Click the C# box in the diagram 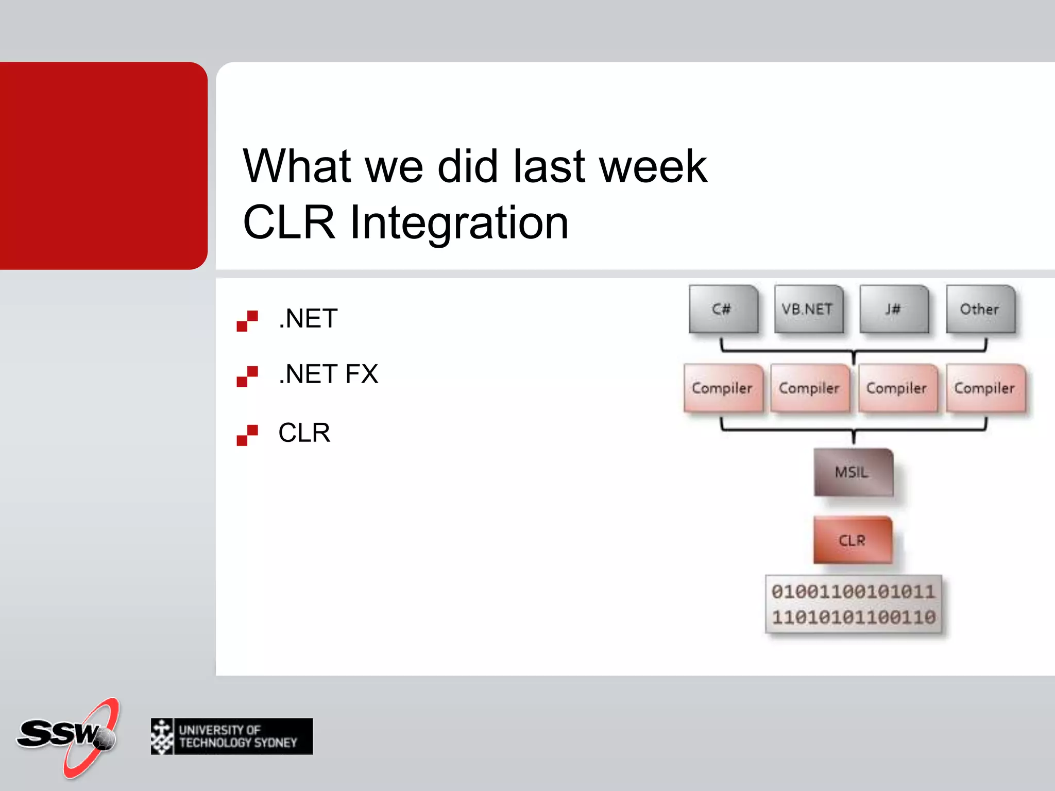pyautogui.click(x=723, y=309)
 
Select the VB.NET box pyautogui.click(x=808, y=309)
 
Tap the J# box pyautogui.click(x=894, y=309)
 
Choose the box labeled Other pyautogui.click(x=980, y=309)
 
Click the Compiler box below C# pyautogui.click(x=723, y=388)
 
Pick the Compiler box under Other pyautogui.click(x=985, y=388)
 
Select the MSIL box pyautogui.click(x=853, y=472)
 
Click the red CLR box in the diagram pyautogui.click(x=853, y=540)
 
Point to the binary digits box pyautogui.click(x=854, y=604)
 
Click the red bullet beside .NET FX pyautogui.click(x=247, y=376)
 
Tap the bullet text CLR pyautogui.click(x=304, y=433)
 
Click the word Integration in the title pyautogui.click(x=458, y=222)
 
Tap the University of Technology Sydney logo pyautogui.click(x=232, y=736)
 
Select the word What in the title pyautogui.click(x=297, y=166)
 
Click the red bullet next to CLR pyautogui.click(x=247, y=435)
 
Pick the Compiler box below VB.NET pyautogui.click(x=809, y=388)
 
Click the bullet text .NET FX pyautogui.click(x=328, y=374)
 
